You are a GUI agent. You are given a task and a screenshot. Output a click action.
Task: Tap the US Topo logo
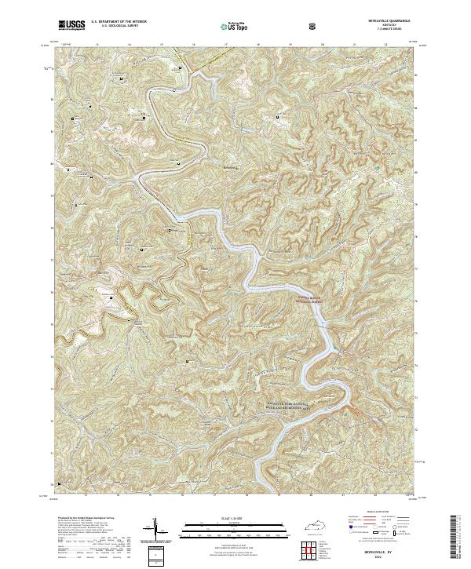(x=234, y=27)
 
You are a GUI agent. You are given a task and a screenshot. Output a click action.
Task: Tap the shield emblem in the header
(x=315, y=27)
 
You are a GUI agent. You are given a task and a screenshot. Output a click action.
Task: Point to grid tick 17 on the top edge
(x=226, y=44)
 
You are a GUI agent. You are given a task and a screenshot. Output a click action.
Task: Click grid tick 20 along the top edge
(x=323, y=44)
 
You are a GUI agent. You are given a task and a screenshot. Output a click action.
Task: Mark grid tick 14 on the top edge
(x=129, y=44)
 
